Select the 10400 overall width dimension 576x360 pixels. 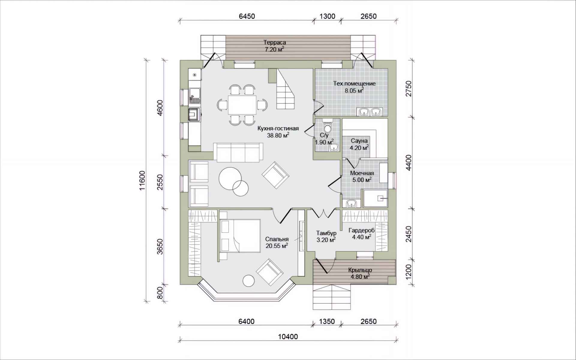point(288,337)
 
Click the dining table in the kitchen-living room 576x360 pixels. point(242,105)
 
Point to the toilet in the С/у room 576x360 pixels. point(328,126)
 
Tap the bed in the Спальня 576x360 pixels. point(240,236)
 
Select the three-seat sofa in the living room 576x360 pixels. point(238,152)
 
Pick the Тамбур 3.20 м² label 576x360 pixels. point(326,236)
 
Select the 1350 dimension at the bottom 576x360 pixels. point(327,322)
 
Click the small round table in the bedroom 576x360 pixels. point(249,281)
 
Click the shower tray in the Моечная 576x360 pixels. point(375,198)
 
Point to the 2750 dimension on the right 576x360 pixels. point(409,88)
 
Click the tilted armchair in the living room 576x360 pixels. point(275,175)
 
